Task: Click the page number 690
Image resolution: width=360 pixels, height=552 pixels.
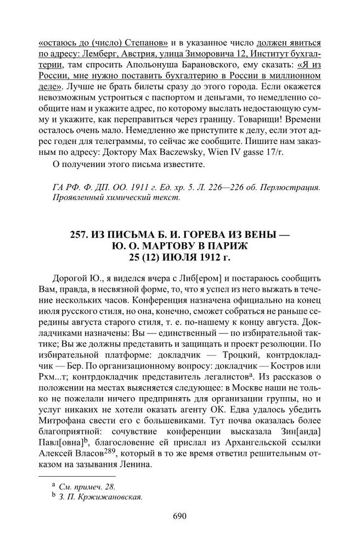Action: click(x=180, y=515)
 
